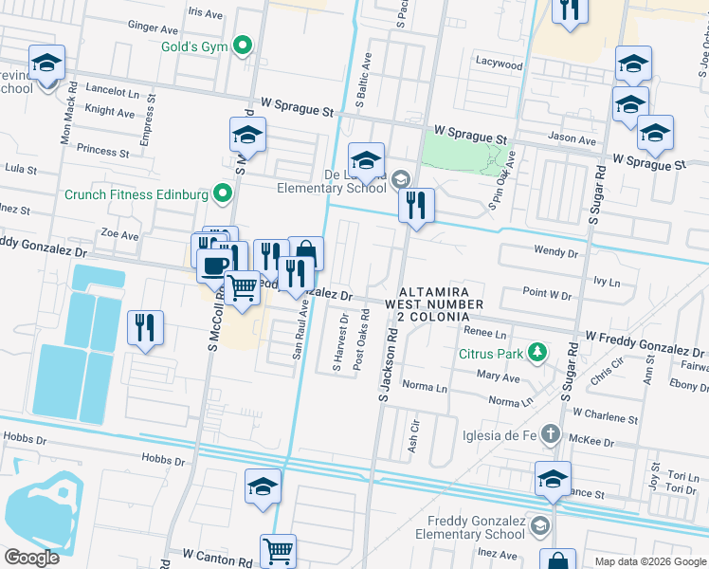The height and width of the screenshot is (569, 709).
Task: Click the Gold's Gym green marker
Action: pos(243,45)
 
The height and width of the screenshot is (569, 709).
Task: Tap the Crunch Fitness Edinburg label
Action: pos(136,195)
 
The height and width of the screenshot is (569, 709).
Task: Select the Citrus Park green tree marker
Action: pos(538,354)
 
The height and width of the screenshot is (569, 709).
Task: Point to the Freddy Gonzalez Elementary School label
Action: pos(475,527)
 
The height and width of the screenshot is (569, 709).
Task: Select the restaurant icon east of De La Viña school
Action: pos(416,206)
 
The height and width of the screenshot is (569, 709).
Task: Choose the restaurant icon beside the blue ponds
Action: pos(145,327)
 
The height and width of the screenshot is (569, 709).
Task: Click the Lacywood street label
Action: pos(500,65)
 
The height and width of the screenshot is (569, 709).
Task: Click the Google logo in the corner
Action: pos(31,558)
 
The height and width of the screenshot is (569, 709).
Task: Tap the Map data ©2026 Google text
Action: pos(649,561)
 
